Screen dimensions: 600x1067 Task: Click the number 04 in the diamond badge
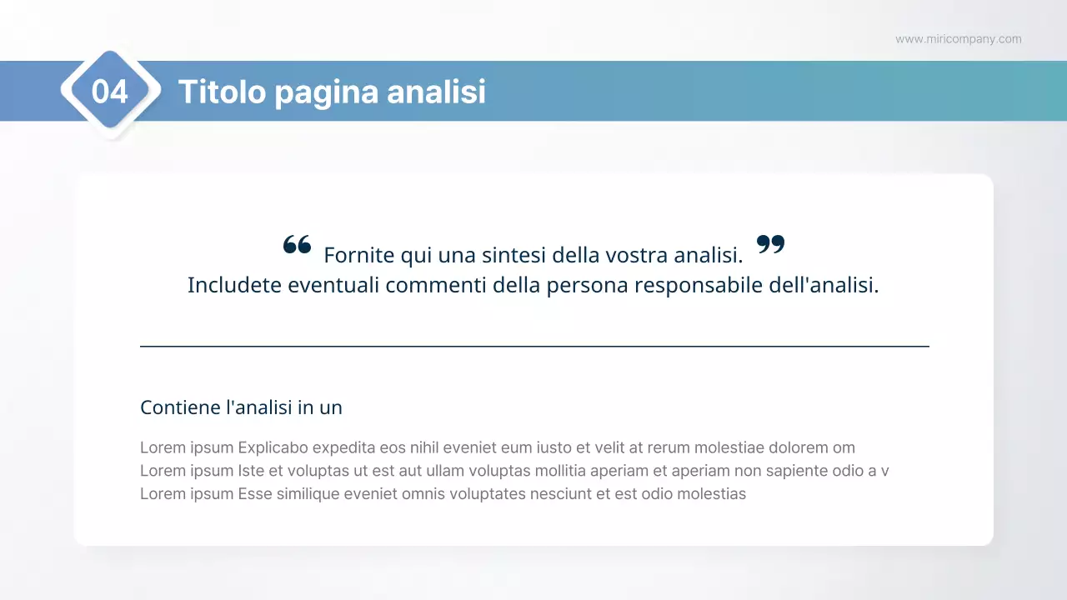[x=109, y=92]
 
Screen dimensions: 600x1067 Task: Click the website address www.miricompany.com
[x=958, y=39]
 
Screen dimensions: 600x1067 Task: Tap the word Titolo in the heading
[x=222, y=92]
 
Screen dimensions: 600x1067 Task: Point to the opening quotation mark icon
[x=297, y=244]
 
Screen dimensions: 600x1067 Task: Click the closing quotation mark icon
[x=771, y=244]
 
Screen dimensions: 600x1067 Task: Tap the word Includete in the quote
[x=234, y=285]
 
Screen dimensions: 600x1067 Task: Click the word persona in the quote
[x=587, y=285]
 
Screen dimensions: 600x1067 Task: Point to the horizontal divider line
[x=534, y=346]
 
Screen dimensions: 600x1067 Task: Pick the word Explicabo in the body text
[x=273, y=447]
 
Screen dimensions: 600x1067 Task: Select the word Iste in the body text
[x=251, y=471]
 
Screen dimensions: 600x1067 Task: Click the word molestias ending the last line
[x=710, y=493]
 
